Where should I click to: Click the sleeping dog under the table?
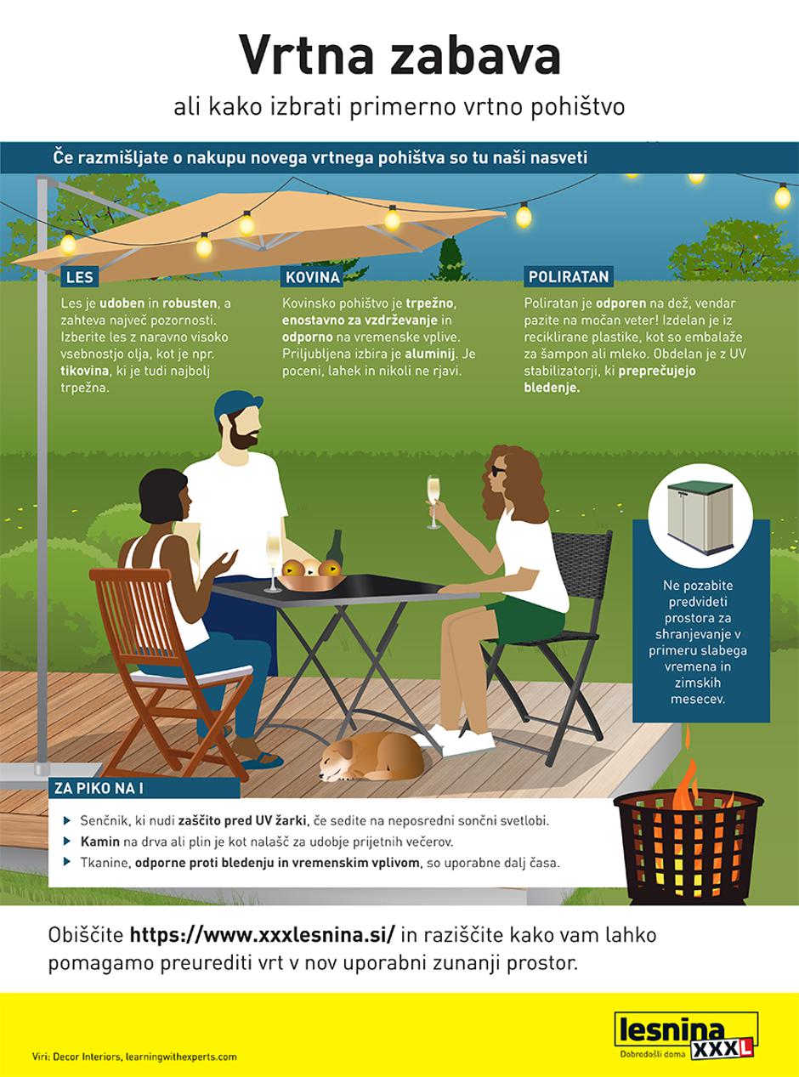tap(371, 757)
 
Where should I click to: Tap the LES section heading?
tap(80, 277)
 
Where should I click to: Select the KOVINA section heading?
tap(312, 277)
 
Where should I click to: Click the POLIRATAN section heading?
tap(569, 277)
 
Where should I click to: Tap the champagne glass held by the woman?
tap(433, 502)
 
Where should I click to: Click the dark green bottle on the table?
tap(334, 549)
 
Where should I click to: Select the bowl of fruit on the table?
tap(311, 575)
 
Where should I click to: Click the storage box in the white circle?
tap(700, 517)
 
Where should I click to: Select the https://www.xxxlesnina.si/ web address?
tap(263, 935)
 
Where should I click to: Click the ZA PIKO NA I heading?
tap(99, 788)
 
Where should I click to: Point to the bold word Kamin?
tap(99, 842)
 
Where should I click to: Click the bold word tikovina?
tap(84, 371)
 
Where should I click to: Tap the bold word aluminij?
tap(431, 354)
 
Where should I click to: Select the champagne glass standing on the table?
tap(273, 563)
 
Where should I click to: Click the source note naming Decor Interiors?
tap(134, 1056)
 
